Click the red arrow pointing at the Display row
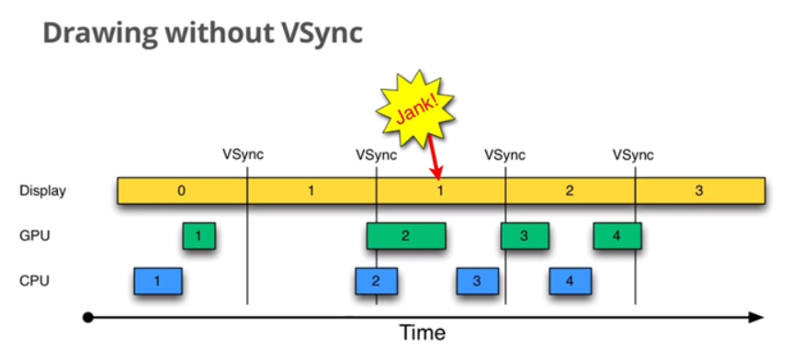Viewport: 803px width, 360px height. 435,162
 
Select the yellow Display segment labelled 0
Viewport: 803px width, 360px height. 181,191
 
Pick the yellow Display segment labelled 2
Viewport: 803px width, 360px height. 570,191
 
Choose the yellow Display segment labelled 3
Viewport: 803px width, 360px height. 699,191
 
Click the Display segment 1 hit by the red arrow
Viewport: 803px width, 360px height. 440,191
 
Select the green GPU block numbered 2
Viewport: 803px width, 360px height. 405,236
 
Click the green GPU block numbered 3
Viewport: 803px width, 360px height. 524,236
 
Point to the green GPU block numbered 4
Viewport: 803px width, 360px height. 616,236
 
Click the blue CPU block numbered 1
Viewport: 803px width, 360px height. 157,281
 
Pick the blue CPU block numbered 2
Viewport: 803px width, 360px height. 376,281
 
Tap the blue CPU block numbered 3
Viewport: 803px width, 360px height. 477,281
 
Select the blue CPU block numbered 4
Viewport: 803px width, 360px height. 570,281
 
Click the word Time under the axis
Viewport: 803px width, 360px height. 423,332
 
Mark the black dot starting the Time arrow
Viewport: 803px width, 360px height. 87,318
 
